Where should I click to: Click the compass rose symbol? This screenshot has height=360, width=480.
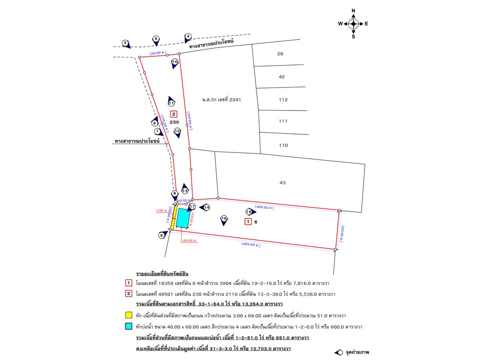[x=353, y=23]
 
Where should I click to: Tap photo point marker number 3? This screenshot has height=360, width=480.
[x=125, y=43]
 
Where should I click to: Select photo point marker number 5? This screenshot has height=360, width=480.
[x=155, y=39]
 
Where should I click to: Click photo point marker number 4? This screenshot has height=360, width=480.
[x=188, y=36]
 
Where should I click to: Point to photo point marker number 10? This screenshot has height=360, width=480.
[x=175, y=62]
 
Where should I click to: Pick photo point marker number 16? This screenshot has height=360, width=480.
[x=224, y=219]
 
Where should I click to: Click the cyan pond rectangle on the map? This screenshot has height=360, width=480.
[x=184, y=218]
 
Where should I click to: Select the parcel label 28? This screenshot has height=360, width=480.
[x=280, y=53]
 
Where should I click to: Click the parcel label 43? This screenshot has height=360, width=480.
[x=282, y=183]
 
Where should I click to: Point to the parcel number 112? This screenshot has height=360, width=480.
[x=283, y=99]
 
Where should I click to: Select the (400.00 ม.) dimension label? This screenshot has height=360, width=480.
[x=264, y=206]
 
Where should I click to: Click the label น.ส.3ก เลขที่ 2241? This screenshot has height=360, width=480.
[x=221, y=99]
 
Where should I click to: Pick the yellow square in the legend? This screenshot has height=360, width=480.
[x=128, y=315]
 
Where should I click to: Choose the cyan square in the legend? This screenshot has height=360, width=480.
[x=128, y=326]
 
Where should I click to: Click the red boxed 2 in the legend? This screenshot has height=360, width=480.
[x=128, y=293]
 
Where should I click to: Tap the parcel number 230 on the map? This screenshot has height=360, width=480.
[x=174, y=122]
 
